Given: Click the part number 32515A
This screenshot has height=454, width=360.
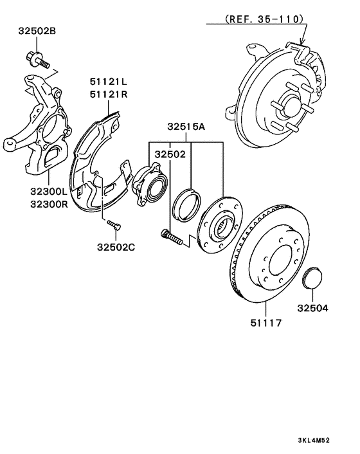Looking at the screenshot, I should [186, 127].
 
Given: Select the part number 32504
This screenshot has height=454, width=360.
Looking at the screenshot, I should [312, 308].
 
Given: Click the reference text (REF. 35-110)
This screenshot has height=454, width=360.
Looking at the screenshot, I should [264, 19].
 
